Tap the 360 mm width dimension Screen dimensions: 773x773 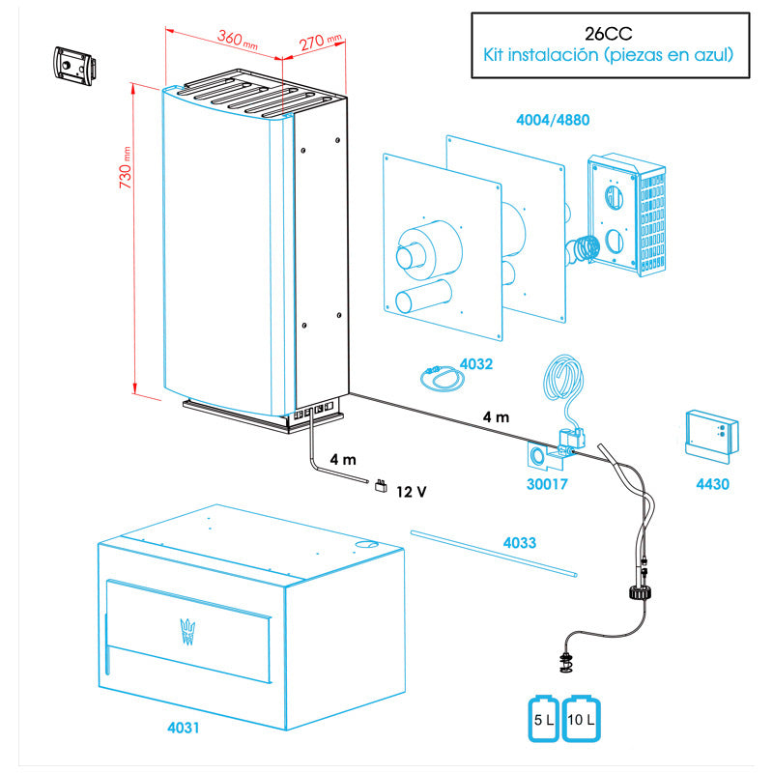coord(236,41)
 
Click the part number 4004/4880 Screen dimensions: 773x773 coord(553,121)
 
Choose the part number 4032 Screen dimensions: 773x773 coord(475,364)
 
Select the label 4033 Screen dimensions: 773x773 coord(519,544)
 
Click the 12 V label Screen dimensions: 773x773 coord(411,492)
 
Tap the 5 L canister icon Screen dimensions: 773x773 coord(541,720)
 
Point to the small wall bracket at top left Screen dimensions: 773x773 coord(75,64)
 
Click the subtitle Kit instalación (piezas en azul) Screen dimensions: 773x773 coord(608,56)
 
